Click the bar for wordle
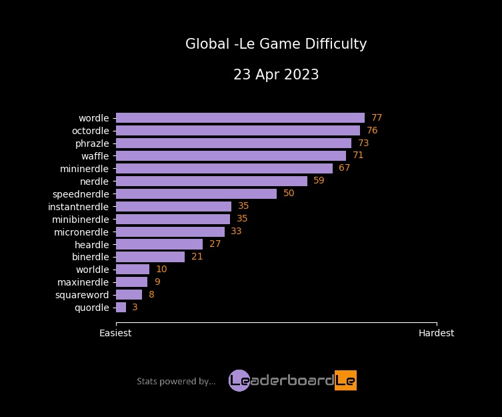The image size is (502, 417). tap(240, 118)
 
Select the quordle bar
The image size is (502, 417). tap(121, 308)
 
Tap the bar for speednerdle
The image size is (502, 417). tap(196, 193)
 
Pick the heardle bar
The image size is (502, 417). tap(159, 244)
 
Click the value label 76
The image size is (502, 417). tap(372, 131)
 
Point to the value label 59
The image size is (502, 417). tap(319, 181)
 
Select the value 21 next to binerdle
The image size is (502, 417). tap(197, 257)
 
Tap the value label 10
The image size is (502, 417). tap(161, 270)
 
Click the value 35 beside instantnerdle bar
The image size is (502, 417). tap(243, 206)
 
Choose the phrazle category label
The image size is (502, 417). tap(92, 143)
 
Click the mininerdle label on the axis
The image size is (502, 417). tap(84, 168)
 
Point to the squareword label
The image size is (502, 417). tap(83, 295)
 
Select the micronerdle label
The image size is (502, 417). tap(81, 232)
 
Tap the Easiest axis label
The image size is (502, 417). tap(115, 333)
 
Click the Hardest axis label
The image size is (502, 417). tap(436, 333)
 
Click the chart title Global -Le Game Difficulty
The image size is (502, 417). tap(276, 45)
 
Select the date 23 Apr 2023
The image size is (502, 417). tap(276, 75)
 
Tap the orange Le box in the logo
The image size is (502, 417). tap(345, 380)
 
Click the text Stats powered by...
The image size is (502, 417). tap(176, 382)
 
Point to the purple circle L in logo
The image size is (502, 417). tap(239, 380)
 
